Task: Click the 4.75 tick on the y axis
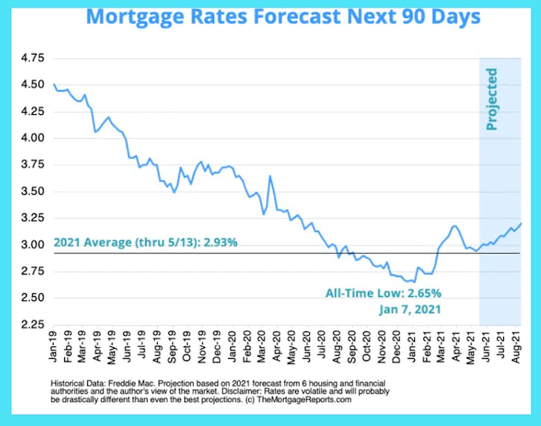(x=32, y=58)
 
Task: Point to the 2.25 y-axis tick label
(x=32, y=325)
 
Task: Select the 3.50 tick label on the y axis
(x=32, y=191)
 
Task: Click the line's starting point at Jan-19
(x=54, y=84)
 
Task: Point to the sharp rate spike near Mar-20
(x=270, y=176)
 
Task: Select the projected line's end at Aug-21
(x=520, y=223)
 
